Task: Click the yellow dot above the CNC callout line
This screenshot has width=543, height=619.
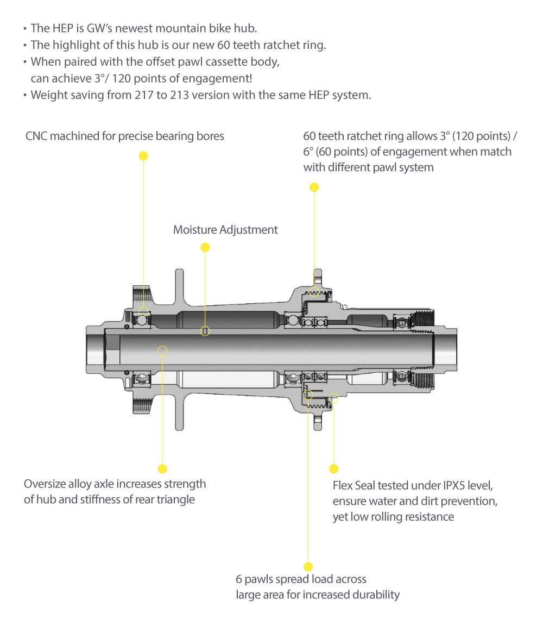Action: pos(143,156)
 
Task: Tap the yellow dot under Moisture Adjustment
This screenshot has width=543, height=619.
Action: pos(205,248)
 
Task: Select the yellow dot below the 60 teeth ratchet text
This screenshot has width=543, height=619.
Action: pos(314,187)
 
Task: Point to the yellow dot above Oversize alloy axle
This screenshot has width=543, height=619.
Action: pos(162,468)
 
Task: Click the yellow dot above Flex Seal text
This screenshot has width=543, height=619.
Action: pos(334,468)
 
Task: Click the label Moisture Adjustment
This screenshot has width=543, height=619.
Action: pos(225,230)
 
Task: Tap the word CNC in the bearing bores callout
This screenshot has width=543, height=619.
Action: pos(36,136)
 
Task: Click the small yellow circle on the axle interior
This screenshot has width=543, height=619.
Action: pos(162,351)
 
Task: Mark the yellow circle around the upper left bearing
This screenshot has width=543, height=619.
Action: pos(143,312)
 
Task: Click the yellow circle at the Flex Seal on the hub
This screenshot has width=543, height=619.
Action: pos(334,398)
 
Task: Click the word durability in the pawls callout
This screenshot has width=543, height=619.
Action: pos(375,595)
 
